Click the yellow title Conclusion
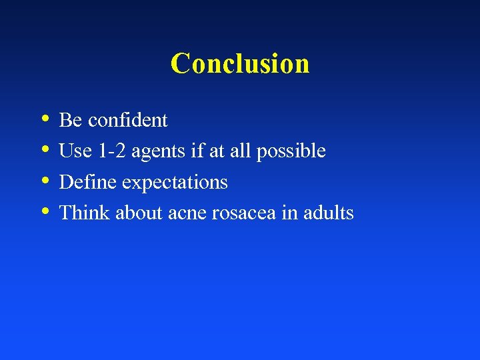(240, 64)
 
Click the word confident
(127, 120)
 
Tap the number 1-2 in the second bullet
(110, 151)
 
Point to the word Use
(74, 151)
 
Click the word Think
(85, 213)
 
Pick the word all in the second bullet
(237, 151)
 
